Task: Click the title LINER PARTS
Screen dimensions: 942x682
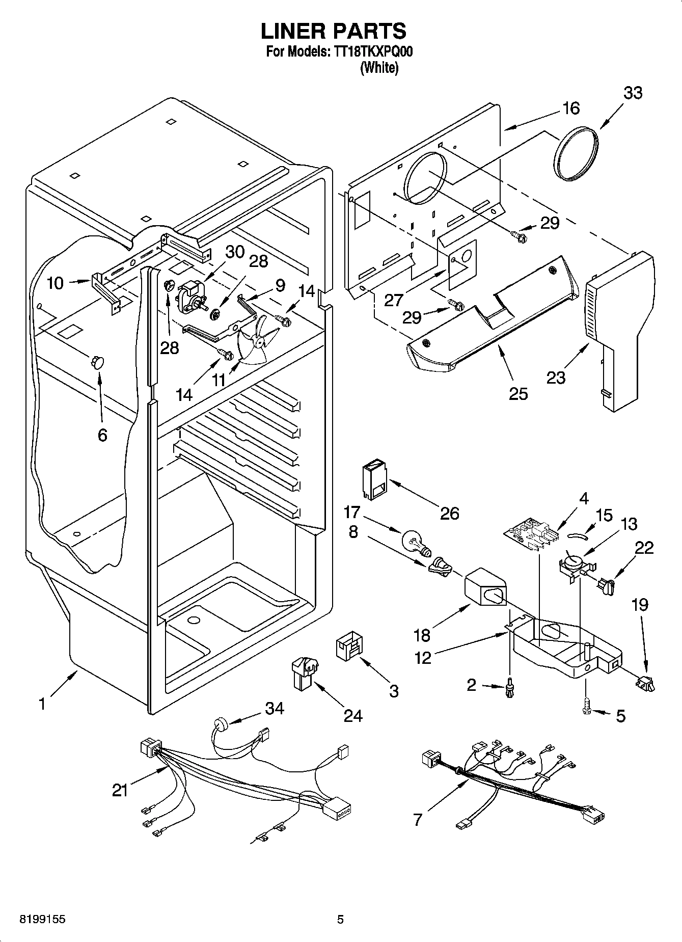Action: [x=334, y=31]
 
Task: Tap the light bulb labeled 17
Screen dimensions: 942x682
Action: [x=416, y=543]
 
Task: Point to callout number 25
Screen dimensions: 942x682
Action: [x=518, y=393]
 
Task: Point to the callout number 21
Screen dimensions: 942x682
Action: [x=120, y=790]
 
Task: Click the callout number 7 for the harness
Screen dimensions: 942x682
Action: [x=418, y=820]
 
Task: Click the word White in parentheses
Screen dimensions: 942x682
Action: [x=379, y=68]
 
